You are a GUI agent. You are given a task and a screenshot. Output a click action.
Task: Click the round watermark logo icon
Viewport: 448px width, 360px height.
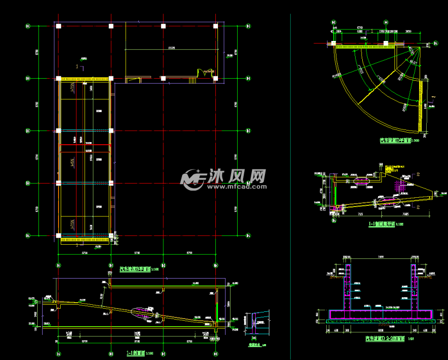pyautogui.click(x=192, y=179)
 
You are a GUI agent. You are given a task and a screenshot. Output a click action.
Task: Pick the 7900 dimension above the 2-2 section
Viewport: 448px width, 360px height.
pyautogui.click(x=380, y=256)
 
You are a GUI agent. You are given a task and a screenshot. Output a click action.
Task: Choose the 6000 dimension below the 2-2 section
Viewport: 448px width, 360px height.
pyautogui.click(x=380, y=330)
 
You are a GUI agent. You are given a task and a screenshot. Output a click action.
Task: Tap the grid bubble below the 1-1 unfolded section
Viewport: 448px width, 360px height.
pyautogui.click(x=334, y=221)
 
